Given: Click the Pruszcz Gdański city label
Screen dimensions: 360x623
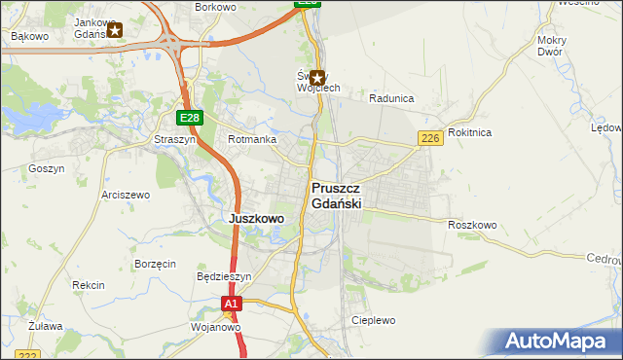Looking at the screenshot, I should (337, 195).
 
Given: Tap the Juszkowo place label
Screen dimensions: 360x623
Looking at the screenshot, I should (256, 219).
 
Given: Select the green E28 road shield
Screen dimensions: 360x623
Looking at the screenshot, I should (190, 118).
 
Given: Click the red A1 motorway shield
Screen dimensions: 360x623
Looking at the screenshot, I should (230, 305).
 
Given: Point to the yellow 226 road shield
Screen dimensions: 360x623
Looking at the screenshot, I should (431, 139).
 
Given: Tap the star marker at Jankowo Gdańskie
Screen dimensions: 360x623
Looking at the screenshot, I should (115, 30).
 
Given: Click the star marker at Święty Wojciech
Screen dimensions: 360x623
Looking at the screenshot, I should (316, 76).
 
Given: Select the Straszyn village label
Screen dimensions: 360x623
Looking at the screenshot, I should (174, 139).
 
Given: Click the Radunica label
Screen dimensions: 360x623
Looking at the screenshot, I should (392, 98).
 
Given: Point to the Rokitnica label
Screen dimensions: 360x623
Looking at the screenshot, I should (470, 131).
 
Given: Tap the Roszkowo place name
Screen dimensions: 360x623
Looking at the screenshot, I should (473, 225).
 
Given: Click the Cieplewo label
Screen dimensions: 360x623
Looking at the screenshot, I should (374, 319).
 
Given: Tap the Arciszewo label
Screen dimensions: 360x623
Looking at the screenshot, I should (126, 195).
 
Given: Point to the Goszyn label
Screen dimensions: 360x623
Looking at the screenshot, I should (47, 168).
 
